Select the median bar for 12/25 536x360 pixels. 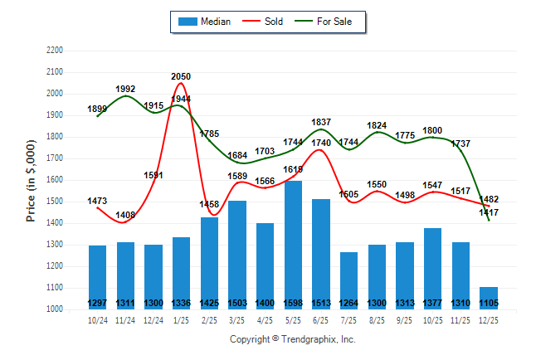(x=489, y=298)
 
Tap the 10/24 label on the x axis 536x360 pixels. (x=97, y=319)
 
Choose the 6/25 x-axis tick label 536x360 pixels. (x=321, y=319)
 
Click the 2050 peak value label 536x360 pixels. (x=181, y=77)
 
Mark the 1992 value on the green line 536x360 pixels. (x=125, y=89)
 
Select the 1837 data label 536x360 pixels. (x=321, y=122)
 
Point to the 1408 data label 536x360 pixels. (x=125, y=215)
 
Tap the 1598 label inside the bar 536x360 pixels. (x=293, y=303)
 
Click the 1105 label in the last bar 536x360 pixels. (x=489, y=303)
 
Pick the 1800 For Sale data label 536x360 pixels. (x=432, y=130)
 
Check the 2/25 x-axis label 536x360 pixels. (x=209, y=319)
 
